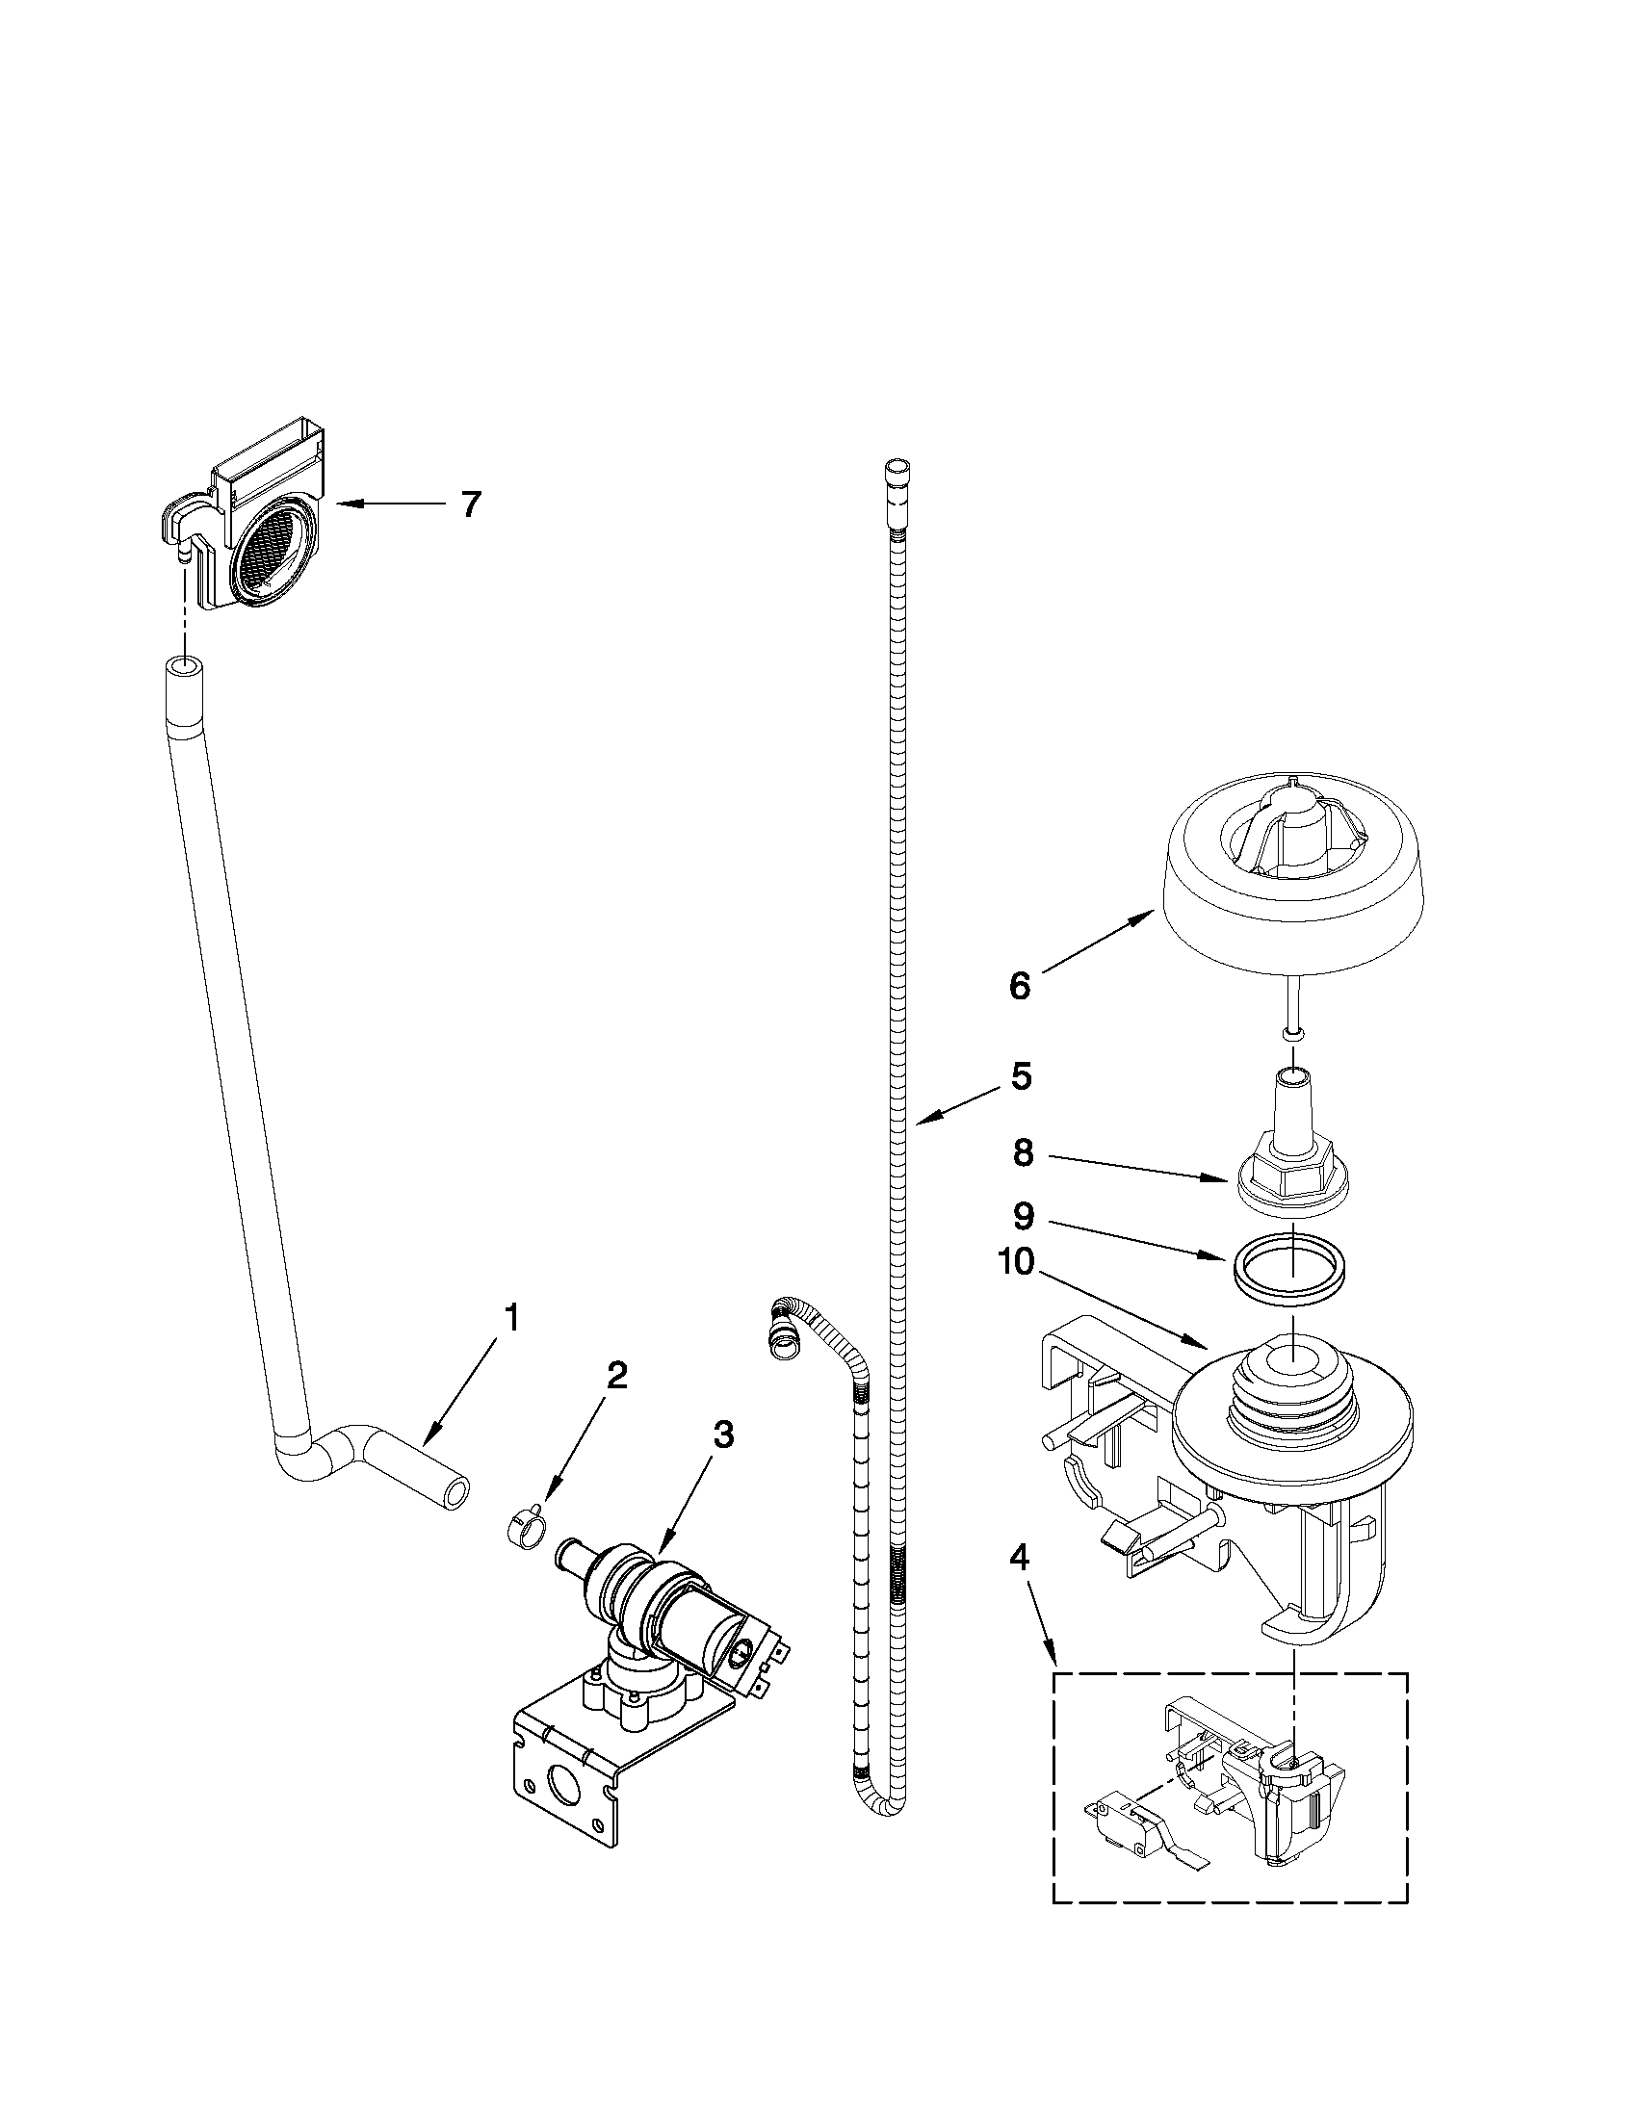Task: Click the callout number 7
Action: pos(471,504)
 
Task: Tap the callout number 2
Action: pos(616,1375)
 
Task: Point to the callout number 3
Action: pos(723,1436)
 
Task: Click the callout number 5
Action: pos(1021,1076)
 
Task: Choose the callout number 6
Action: pos(1020,986)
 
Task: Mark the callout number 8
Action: pos(1023,1153)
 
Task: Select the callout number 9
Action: pos(1023,1217)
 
